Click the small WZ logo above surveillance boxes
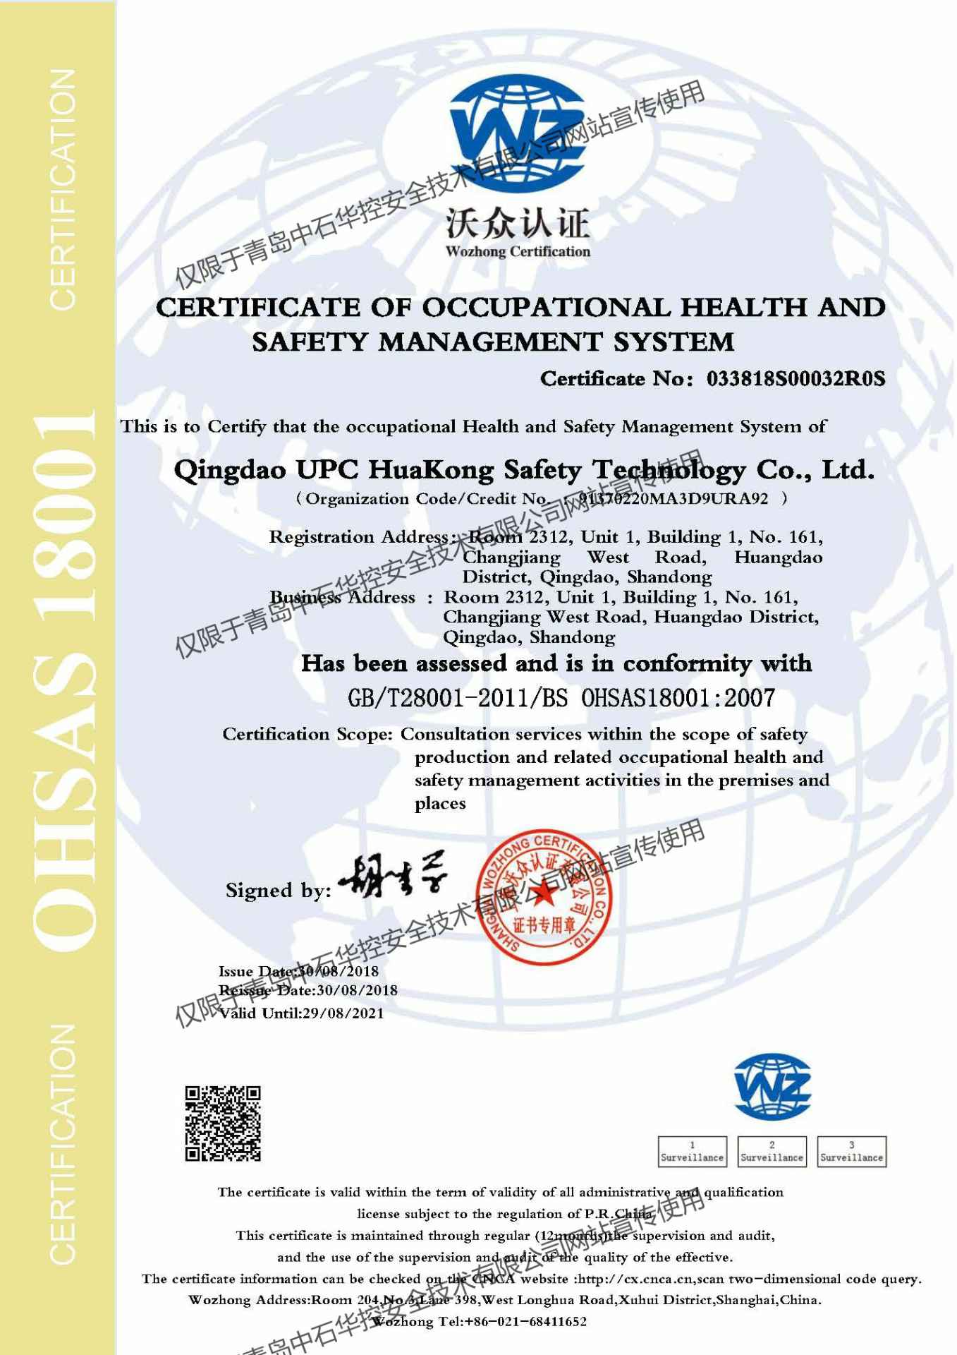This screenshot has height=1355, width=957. pyautogui.click(x=772, y=1088)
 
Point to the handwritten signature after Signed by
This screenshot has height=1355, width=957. pyautogui.click(x=393, y=881)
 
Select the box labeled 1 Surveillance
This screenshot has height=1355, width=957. pyautogui.click(x=692, y=1151)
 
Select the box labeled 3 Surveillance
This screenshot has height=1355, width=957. pyautogui.click(x=851, y=1151)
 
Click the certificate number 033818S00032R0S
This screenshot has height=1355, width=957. pyautogui.click(x=796, y=379)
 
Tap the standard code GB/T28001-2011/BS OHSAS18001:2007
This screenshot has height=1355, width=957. pyautogui.click(x=561, y=699)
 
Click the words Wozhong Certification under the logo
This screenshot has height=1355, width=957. pyautogui.click(x=518, y=252)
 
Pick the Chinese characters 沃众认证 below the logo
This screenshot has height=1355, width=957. pyautogui.click(x=518, y=224)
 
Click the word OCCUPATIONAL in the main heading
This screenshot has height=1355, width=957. pyautogui.click(x=547, y=308)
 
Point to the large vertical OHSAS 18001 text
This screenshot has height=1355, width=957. pyautogui.click(x=65, y=677)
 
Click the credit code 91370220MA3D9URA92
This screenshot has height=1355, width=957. pyautogui.click(x=673, y=499)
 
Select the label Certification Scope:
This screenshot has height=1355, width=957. pyautogui.click(x=307, y=735)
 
